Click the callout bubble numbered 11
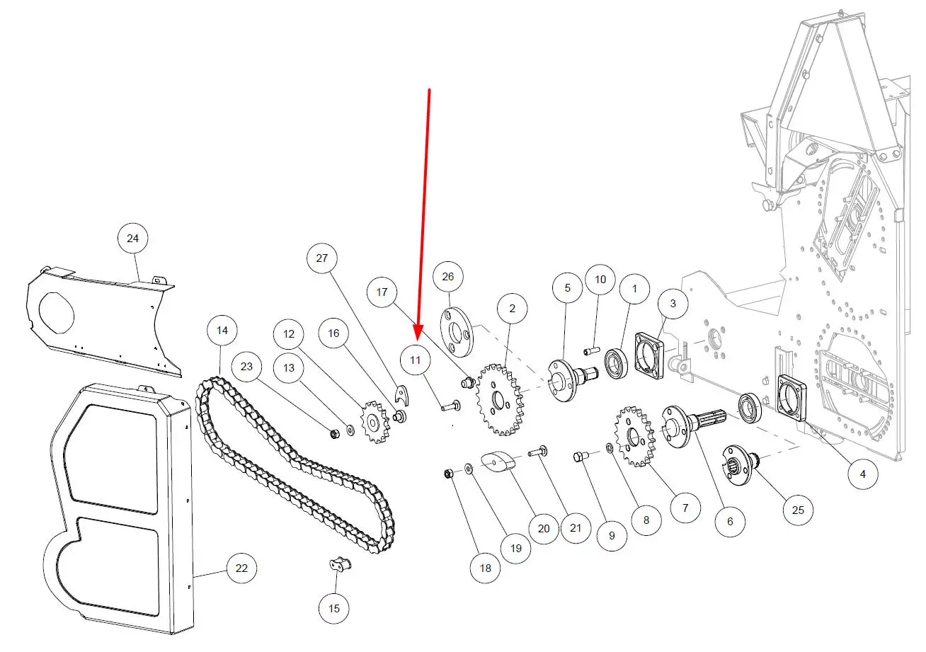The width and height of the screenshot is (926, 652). tap(415, 360)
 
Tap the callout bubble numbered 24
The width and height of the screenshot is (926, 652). tap(132, 238)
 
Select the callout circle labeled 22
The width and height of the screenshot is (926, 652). tap(241, 568)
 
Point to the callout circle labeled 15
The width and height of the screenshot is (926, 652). tap(334, 608)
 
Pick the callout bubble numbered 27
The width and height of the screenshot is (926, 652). tap(322, 258)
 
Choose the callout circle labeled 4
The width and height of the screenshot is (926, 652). tap(863, 474)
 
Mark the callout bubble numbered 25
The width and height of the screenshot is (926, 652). tap(798, 510)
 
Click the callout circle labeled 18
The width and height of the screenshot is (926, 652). tap(486, 568)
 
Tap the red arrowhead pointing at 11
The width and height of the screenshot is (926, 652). tap(418, 333)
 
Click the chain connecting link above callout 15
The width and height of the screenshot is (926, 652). tap(341, 564)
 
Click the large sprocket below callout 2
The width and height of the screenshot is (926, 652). tap(501, 399)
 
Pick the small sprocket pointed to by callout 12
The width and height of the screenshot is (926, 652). tap(375, 422)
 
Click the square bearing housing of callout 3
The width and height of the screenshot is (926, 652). tap(649, 355)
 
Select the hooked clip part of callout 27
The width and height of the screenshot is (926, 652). tap(401, 395)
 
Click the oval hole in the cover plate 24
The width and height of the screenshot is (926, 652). tap(56, 313)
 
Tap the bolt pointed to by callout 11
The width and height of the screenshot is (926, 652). tap(450, 406)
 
